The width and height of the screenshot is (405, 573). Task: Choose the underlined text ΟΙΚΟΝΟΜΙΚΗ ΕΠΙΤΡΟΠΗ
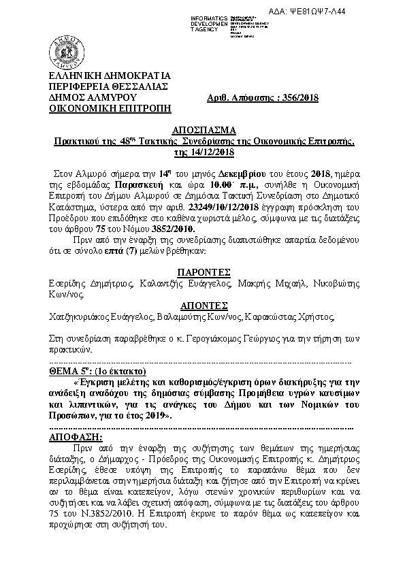point(107,108)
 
